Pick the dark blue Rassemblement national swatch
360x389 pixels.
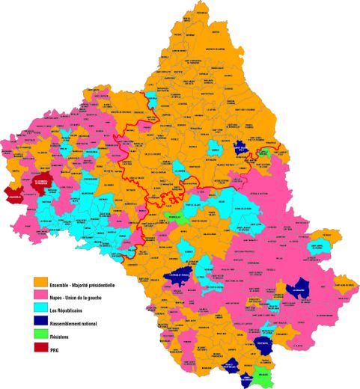pyautogui.click(x=43, y=324)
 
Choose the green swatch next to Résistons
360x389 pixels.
pyautogui.click(x=43, y=337)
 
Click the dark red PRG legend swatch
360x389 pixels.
pyautogui.click(x=43, y=349)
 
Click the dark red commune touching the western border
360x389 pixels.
pyautogui.click(x=13, y=194)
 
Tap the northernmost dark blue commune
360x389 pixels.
pyautogui.click(x=240, y=148)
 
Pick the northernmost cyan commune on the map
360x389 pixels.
pyautogui.click(x=152, y=99)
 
